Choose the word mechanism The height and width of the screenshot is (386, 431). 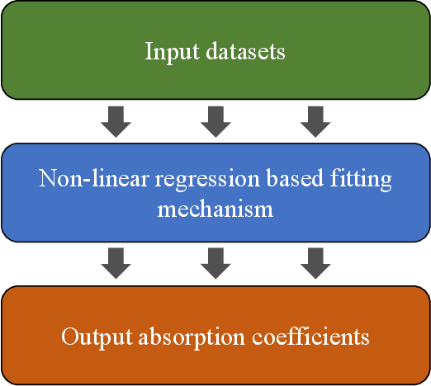215,209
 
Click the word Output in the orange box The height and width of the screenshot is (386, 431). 92,337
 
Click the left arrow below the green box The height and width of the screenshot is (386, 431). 115,121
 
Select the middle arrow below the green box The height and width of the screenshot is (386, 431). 215,121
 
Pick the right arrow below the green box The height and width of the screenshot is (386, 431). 315,121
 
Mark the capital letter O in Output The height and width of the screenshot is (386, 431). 69,337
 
